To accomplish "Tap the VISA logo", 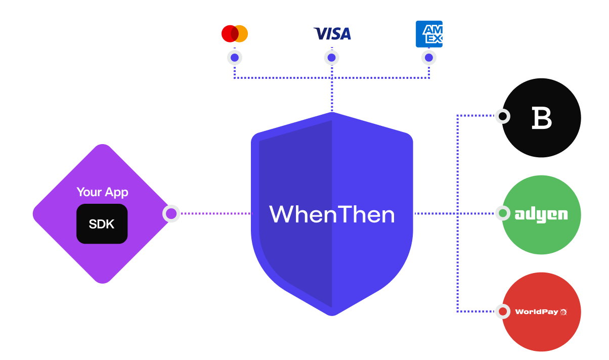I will tap(332, 34).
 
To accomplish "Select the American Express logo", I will tap(429, 34).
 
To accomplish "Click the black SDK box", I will tap(102, 224).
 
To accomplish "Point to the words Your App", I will tap(102, 192).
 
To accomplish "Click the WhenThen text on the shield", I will tap(332, 214).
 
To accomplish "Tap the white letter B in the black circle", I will tap(541, 118).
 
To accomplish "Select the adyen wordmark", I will tap(541, 214).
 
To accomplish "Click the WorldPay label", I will tap(537, 311).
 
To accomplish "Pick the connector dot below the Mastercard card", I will tap(234, 58).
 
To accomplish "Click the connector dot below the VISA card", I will tap(331, 58).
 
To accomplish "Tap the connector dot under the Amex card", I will tap(429, 58).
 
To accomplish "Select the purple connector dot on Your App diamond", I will tap(171, 214).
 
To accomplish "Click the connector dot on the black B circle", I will tap(502, 116).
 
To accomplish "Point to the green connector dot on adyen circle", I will tap(502, 213).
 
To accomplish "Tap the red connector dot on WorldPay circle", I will tap(502, 311).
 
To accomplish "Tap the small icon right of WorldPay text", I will tap(563, 312).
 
